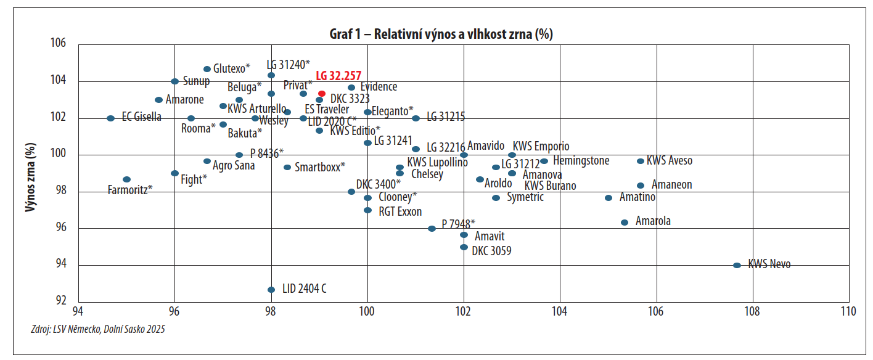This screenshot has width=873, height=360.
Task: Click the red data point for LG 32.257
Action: (322, 94)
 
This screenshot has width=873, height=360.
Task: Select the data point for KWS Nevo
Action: (737, 265)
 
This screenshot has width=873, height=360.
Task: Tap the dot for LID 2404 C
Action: (271, 290)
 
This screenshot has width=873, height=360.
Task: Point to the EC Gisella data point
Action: (110, 118)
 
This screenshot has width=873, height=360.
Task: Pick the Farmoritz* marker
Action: (126, 179)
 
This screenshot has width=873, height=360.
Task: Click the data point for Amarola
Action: (625, 223)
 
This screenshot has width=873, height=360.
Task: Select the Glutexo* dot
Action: (207, 69)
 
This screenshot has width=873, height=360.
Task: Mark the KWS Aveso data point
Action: (641, 161)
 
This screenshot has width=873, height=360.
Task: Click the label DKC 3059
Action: (491, 251)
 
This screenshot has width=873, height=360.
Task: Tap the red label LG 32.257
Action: (338, 76)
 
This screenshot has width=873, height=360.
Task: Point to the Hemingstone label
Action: (581, 161)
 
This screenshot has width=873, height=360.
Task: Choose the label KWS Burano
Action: (550, 186)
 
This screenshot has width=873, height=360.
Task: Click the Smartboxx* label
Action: (319, 167)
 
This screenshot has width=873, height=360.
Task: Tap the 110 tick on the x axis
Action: (848, 311)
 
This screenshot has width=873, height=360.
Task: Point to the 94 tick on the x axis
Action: (78, 311)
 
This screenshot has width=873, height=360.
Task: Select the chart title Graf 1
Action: (441, 34)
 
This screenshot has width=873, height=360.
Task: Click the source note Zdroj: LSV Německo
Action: (97, 329)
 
